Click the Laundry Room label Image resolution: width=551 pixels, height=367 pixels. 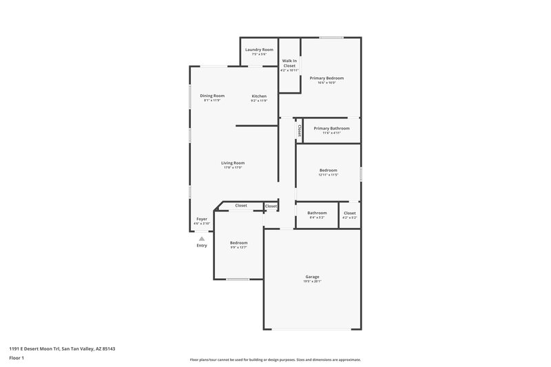259,50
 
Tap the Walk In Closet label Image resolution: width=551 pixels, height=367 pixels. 289,63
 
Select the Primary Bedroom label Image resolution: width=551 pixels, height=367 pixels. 326,78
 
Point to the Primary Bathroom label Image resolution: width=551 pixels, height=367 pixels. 331,128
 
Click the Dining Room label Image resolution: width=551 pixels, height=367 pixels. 212,96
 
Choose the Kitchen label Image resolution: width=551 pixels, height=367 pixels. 259,96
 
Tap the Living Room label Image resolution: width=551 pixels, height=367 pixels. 233,163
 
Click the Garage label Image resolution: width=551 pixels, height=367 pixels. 312,277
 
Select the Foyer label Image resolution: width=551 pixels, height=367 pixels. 202,219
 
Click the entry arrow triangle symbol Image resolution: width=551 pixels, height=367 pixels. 202,238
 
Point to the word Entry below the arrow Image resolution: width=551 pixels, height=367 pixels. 202,246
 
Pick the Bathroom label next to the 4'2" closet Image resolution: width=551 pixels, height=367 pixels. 317,213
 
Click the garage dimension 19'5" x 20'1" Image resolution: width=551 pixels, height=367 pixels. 312,282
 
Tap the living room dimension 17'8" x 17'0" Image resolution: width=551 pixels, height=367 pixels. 233,167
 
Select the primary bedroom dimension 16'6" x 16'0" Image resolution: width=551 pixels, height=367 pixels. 326,83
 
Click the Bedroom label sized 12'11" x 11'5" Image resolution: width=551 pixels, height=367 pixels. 328,169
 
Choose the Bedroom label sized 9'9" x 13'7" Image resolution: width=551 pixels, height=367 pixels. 238,242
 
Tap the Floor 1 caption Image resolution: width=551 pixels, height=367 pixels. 17,359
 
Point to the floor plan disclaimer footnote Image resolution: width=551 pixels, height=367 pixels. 275,359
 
